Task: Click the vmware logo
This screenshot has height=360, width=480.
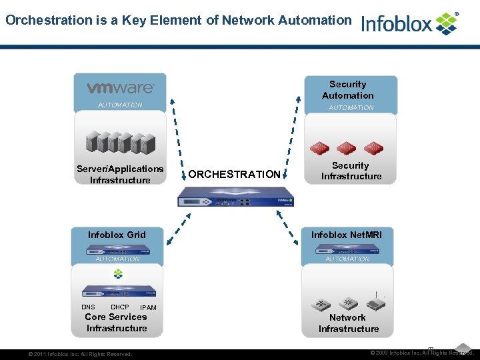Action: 121,88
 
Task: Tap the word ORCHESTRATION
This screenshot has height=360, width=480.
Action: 235,174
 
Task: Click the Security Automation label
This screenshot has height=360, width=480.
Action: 348,90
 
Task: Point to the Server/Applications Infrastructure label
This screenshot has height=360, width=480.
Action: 120,175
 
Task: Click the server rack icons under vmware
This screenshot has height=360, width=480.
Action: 120,142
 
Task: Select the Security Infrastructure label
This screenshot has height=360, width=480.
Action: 351,171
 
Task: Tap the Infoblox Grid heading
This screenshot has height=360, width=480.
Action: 117,235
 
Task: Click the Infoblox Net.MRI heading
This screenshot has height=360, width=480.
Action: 347,235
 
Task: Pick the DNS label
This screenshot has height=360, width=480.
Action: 89,307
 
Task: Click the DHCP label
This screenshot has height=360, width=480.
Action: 120,307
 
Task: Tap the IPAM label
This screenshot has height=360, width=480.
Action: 148,308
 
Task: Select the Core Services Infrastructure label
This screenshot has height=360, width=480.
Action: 117,322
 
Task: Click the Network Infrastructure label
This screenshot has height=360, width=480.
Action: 348,323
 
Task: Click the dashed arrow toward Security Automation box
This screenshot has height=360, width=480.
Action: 291,137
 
